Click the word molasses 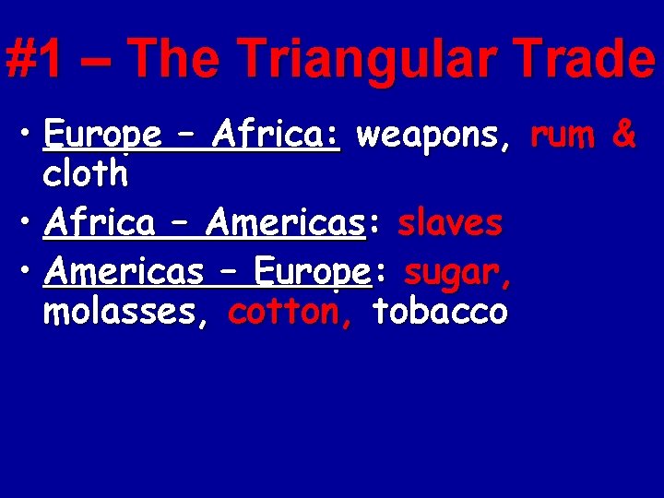point(125,313)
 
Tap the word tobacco point(439,313)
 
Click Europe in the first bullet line point(101,137)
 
